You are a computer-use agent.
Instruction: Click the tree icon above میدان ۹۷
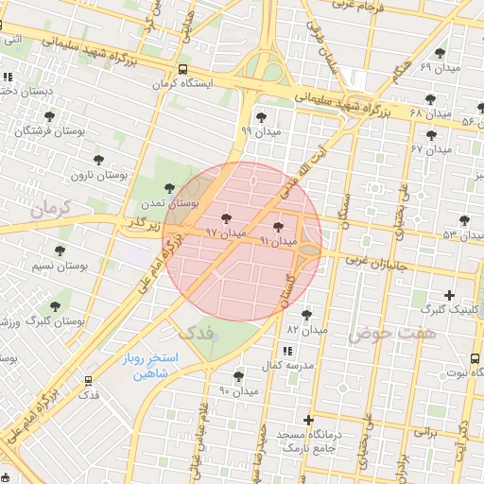pos(224,217)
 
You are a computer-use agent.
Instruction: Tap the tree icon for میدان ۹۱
pos(277,227)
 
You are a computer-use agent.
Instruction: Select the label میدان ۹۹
pos(260,131)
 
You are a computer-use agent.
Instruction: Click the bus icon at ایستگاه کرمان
pos(181,69)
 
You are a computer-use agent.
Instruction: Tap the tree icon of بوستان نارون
pos(97,160)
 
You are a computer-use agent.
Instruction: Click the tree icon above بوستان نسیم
pos(60,251)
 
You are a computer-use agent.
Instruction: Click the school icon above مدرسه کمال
pos(287,351)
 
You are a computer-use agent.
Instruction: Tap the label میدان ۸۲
pos(306,330)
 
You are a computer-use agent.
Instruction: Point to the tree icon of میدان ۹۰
pos(238,376)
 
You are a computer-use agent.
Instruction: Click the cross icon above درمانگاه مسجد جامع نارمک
pos(308,419)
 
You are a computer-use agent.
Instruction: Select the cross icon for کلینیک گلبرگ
pos(449,296)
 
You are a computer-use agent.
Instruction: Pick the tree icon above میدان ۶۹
pos(439,53)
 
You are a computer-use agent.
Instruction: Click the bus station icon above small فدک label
pos(88,380)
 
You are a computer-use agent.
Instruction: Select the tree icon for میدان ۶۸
pos(430,98)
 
